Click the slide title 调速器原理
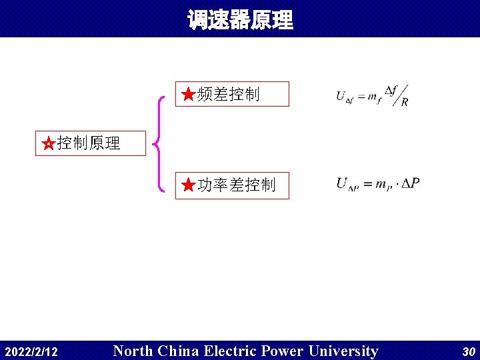pos(240,20)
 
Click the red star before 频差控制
pos(189,95)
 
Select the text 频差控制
pos(229,95)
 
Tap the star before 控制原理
pos(48,143)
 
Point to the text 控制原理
pos(89,143)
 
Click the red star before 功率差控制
pos(189,185)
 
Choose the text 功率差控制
pos(237,185)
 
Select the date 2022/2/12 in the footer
pos(31,351)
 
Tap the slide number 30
pos(468,351)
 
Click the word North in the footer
pos(133,351)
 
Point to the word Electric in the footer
pos(231,351)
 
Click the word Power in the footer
pos(283,351)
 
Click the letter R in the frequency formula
pos(405,102)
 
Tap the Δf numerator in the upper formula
pos(391,90)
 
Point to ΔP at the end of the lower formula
pos(411,183)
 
